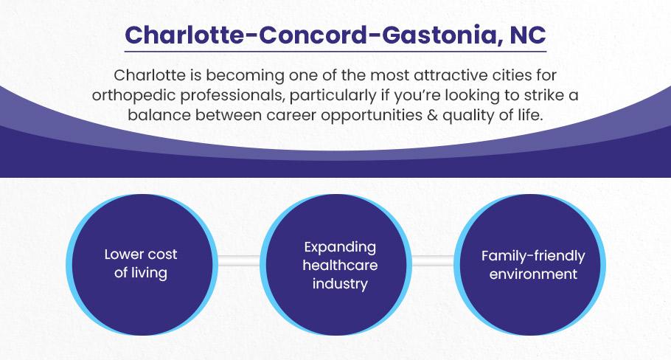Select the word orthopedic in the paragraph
[133, 95]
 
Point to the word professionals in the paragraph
[231, 95]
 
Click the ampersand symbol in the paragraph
[432, 115]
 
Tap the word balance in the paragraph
[159, 115]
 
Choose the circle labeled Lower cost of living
[142, 265]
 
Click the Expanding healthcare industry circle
[336, 265]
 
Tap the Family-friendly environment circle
[529, 265]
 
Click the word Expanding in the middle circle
[340, 247]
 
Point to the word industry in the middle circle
[340, 284]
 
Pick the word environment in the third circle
[533, 274]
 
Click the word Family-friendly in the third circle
[533, 256]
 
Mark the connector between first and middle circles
[239, 260]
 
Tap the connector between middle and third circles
[433, 260]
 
